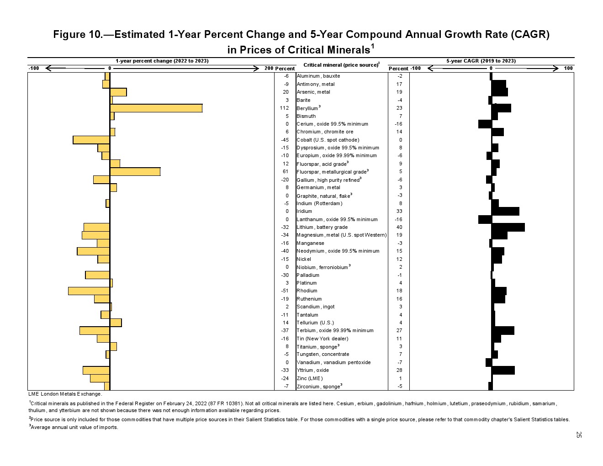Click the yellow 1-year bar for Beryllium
pos(156,108)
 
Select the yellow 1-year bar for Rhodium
pos(89,291)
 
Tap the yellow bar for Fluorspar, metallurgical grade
pos(135,172)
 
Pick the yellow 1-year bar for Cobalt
pos(91,140)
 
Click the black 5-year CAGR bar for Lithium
pos(508,227)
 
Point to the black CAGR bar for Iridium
pos(505,211)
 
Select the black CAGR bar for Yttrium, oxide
pos(503,370)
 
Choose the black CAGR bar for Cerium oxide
pos(485,124)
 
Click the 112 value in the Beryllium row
pos(284,108)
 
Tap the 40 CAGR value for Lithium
pos(399,227)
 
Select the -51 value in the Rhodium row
pos(285,291)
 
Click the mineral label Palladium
pos(308,275)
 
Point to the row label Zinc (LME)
pos(310,378)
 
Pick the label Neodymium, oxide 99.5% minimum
pos(338,251)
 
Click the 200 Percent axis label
pos(280,69)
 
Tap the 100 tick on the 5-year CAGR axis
pos(568,69)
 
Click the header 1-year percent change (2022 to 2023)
pos(162,61)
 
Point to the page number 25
pos(579,434)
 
